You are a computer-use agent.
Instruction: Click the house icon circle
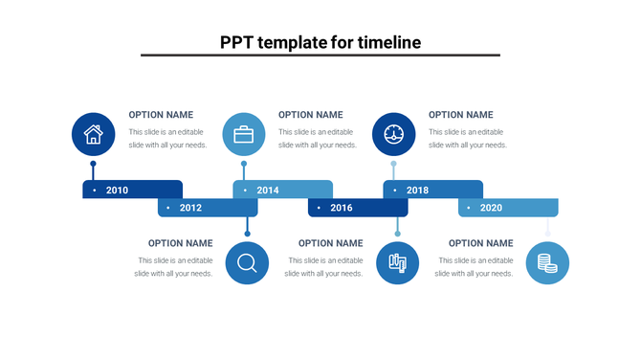click(x=93, y=134)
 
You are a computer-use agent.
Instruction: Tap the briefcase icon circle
click(x=244, y=134)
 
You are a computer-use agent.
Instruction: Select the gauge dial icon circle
click(x=393, y=134)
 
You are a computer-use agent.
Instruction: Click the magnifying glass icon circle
click(x=247, y=262)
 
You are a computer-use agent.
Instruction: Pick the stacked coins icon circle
click(x=547, y=262)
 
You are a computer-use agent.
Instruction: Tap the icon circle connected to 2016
click(x=397, y=262)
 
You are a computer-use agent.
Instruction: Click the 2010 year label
click(x=117, y=191)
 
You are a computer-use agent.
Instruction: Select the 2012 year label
click(x=190, y=208)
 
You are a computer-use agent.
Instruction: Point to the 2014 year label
click(x=268, y=191)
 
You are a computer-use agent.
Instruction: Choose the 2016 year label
click(x=341, y=208)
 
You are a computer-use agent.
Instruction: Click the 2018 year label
click(x=417, y=191)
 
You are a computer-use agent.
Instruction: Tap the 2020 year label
click(x=491, y=208)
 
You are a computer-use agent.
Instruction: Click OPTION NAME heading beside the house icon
click(x=161, y=115)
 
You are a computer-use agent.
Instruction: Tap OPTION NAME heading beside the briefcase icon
click(x=310, y=115)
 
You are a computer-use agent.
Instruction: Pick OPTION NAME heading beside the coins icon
click(x=480, y=243)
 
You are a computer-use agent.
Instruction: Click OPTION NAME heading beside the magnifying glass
click(x=180, y=243)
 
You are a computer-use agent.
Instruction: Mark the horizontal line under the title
click(x=320, y=56)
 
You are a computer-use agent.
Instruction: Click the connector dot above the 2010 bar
click(x=93, y=164)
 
